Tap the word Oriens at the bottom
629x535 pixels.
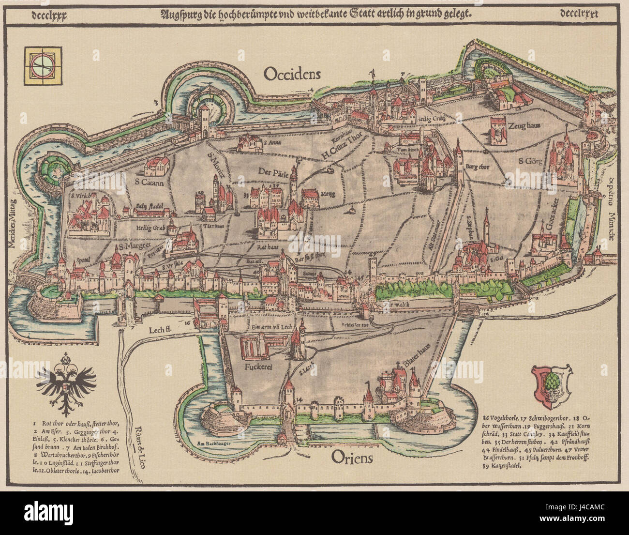pos(352,457)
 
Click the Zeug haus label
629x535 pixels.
pos(523,125)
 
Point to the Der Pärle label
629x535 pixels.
pos(270,172)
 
